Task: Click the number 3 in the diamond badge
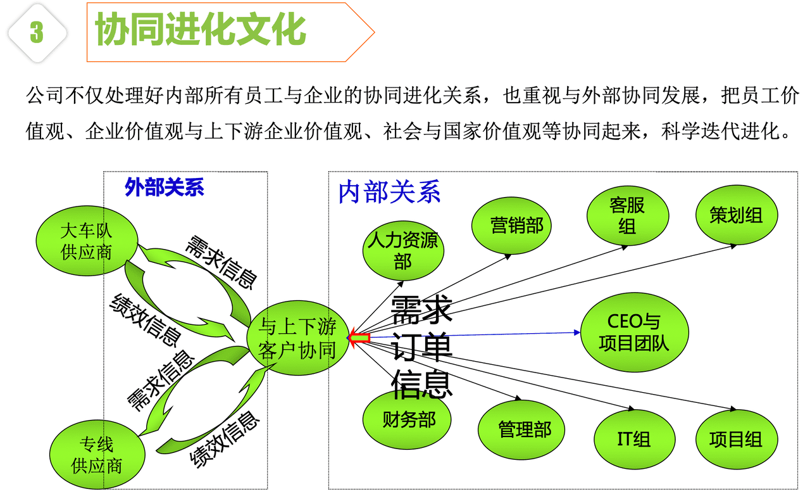click(x=37, y=32)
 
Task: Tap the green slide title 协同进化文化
click(x=201, y=29)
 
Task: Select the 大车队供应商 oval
click(x=87, y=241)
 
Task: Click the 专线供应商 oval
click(x=97, y=455)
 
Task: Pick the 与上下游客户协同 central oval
click(x=298, y=338)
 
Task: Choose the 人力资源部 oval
click(x=403, y=251)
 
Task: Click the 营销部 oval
click(x=511, y=226)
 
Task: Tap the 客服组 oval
click(x=628, y=216)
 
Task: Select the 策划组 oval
click(x=737, y=215)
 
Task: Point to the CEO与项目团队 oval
click(x=635, y=333)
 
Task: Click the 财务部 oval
click(x=407, y=419)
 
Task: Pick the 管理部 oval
click(x=521, y=429)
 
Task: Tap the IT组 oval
click(x=634, y=439)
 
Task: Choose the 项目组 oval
click(x=737, y=439)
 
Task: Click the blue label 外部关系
click(x=164, y=187)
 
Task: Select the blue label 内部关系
click(x=389, y=191)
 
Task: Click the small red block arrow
click(x=359, y=338)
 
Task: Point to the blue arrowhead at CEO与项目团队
click(x=577, y=333)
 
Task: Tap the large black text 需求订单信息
click(x=421, y=347)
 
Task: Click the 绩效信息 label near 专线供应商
click(x=225, y=439)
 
